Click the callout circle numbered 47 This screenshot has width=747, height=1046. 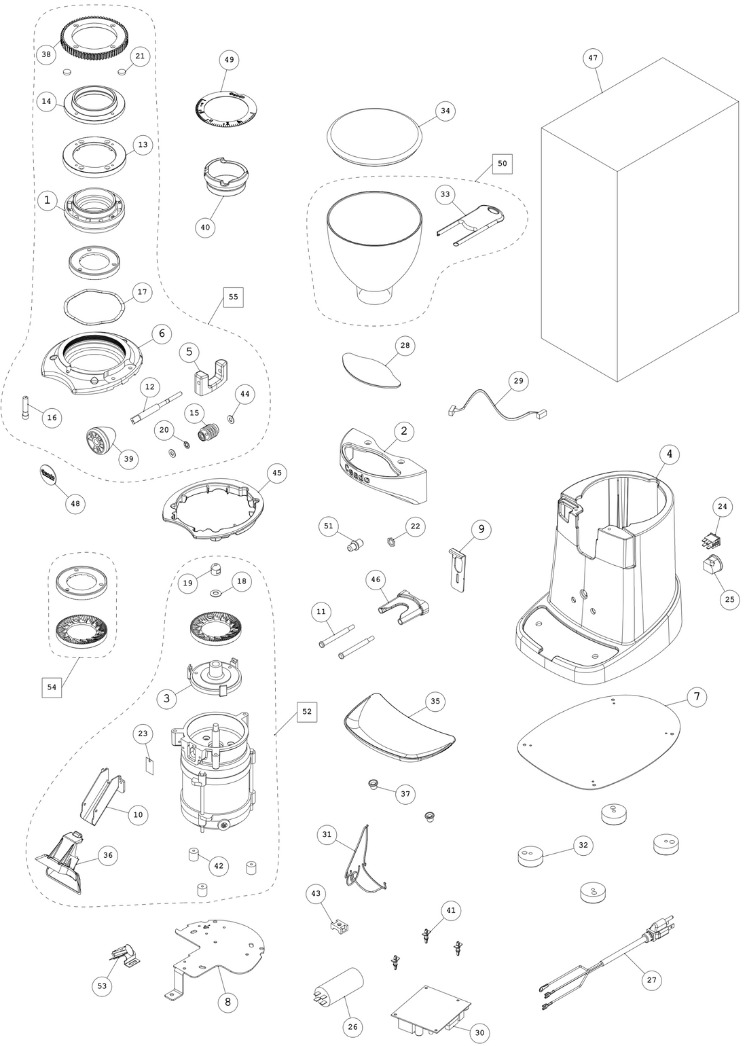tap(593, 58)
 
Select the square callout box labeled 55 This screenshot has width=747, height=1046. tap(233, 297)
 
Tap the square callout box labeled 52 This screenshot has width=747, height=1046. tap(307, 711)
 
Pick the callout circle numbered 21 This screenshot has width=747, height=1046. tap(140, 56)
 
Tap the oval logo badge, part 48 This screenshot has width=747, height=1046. tap(49, 475)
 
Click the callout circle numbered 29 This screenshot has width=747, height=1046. tap(518, 381)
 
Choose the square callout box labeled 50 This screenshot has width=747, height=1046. tap(503, 164)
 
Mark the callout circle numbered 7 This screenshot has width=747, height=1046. tap(697, 696)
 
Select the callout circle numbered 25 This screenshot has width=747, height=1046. tap(729, 600)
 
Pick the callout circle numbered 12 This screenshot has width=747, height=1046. tap(150, 386)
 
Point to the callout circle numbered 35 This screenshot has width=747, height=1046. tap(435, 702)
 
